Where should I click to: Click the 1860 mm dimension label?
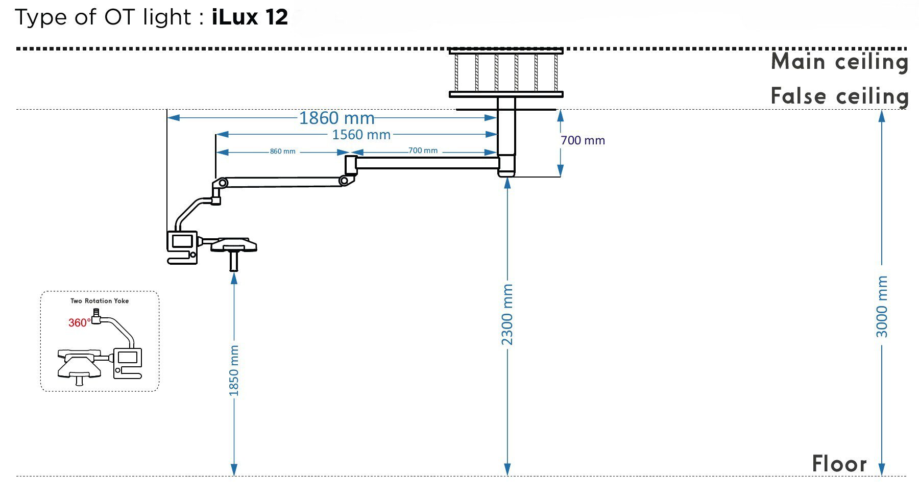click(336, 118)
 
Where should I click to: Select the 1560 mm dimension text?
click(361, 135)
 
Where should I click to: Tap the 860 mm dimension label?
click(282, 152)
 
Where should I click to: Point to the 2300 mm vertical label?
click(507, 314)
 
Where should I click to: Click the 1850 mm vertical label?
click(234, 371)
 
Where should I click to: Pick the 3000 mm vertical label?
click(882, 307)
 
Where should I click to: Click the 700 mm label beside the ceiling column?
click(583, 140)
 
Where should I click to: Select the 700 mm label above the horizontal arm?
click(423, 150)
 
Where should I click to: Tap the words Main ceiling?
click(839, 62)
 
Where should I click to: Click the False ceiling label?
click(839, 96)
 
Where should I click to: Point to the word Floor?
click(839, 464)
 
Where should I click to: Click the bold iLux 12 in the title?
click(250, 17)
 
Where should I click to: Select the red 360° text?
click(79, 322)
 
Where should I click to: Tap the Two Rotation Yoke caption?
click(100, 301)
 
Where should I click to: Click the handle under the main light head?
click(234, 260)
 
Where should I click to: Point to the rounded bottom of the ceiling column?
click(506, 173)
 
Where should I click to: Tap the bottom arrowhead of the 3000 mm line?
click(882, 469)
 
